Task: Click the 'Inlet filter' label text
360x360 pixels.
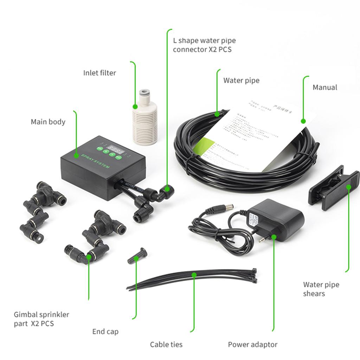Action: (99, 73)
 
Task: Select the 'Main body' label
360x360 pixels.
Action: (48, 122)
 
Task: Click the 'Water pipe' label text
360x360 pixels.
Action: (241, 81)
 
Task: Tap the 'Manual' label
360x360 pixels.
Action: (325, 87)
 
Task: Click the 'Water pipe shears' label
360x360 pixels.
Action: (321, 289)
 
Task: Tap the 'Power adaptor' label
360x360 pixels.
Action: (252, 345)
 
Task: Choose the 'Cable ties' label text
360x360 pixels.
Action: (166, 345)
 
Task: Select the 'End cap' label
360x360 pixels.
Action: (105, 331)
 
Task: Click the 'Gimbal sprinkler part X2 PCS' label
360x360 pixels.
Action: (41, 319)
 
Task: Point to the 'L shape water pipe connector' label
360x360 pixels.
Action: (204, 45)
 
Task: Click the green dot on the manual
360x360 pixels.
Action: (303, 121)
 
